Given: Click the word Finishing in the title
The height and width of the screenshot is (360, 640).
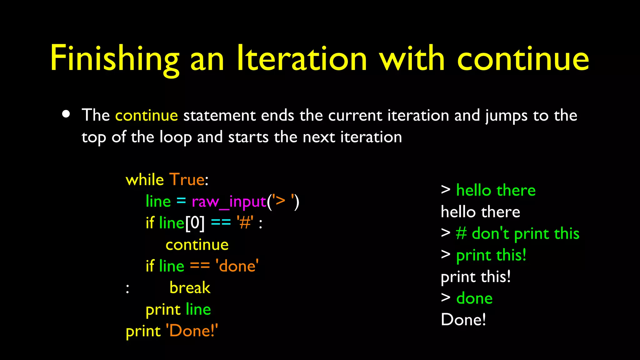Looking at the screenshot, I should pos(114,59).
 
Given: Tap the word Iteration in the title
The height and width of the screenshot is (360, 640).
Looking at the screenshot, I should pos(302,59).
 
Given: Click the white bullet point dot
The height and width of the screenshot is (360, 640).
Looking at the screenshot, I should pos(66,114).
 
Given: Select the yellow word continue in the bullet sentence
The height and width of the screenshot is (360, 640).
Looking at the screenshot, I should pos(147,115).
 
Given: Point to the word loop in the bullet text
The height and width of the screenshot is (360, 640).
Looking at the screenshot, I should pos(175,137).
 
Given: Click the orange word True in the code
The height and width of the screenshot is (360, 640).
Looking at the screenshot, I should pos(187,180).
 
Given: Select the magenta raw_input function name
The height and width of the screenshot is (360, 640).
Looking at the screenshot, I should pos(229,202).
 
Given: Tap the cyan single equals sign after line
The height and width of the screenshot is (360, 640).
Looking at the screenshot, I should pos(181,201).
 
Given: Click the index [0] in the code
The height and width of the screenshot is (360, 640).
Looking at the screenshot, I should pos(195,223).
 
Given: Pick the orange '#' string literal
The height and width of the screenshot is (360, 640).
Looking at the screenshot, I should pos(245,223).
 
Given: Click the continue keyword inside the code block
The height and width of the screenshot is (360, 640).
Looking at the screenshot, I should pos(197,245).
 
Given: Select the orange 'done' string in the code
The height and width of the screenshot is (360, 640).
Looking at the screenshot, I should pos(237,266).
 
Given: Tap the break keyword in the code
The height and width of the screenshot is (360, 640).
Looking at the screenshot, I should pos(190,288).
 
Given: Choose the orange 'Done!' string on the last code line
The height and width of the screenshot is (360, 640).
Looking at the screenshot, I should pos(192,331).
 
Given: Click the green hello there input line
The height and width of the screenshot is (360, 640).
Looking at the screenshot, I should pos(496,190).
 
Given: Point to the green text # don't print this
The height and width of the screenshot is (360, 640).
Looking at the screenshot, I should pos(517,234).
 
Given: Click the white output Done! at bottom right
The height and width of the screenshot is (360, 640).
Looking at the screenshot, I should pos(463,320).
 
